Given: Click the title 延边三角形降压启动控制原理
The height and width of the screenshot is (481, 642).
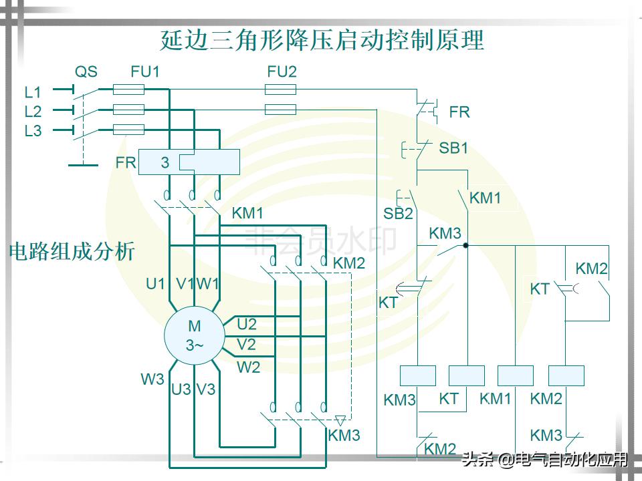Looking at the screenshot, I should [x=322, y=40].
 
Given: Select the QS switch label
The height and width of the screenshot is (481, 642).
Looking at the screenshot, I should [x=86, y=71].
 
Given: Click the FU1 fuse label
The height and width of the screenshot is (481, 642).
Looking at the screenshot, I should [x=145, y=71].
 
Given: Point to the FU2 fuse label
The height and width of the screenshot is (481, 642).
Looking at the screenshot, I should [x=282, y=71].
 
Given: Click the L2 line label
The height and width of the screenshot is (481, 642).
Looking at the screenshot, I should [x=33, y=112].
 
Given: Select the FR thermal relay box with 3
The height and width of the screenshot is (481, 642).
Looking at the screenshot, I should [x=189, y=162].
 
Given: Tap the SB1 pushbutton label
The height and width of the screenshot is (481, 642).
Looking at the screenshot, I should [x=453, y=148].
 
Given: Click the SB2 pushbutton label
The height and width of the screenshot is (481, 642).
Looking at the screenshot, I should [x=398, y=214].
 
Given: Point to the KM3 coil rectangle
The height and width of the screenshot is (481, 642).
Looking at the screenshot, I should [x=417, y=375].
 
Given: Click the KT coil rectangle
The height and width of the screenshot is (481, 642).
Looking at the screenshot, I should [x=467, y=375].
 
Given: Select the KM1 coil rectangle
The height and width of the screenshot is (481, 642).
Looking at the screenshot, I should [x=516, y=375].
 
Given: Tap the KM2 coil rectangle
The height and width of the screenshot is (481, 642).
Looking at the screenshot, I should [x=566, y=375].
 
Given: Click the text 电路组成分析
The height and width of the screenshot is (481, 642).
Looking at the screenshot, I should [x=72, y=252].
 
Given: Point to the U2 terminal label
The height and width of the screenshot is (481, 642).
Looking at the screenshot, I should [x=247, y=325].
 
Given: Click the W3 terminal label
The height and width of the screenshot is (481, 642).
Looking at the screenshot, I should [x=152, y=379].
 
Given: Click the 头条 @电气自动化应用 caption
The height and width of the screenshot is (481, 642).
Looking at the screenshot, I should [x=545, y=460].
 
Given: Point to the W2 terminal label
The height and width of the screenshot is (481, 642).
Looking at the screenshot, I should [x=248, y=367].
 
